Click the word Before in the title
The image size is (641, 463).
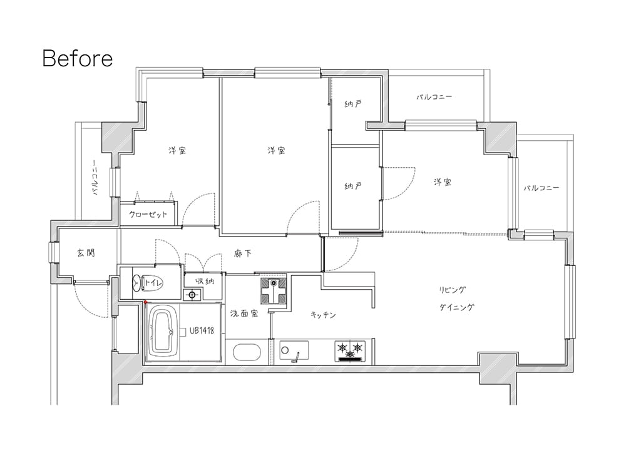point(77,58)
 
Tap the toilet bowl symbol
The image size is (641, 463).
point(137,283)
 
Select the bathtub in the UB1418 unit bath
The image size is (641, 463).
point(163,332)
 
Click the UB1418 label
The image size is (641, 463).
point(202,330)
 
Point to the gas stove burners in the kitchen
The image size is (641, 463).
point(349,351)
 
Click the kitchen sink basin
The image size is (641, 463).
point(294,351)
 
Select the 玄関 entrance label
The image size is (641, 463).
point(86,253)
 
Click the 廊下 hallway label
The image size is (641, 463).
point(242,254)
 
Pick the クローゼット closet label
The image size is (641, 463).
point(148,215)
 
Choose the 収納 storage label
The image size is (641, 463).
point(205,281)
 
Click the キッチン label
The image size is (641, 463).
point(323,315)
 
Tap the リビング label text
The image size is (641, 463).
point(452,290)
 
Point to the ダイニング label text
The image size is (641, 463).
point(456,307)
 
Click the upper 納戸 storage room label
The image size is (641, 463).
point(353,104)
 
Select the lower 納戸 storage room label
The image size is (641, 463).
point(353,186)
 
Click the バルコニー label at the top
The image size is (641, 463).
point(434,97)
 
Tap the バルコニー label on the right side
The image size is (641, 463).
point(541,188)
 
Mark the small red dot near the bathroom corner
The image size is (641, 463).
point(145,302)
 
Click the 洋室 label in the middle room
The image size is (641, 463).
point(276,150)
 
